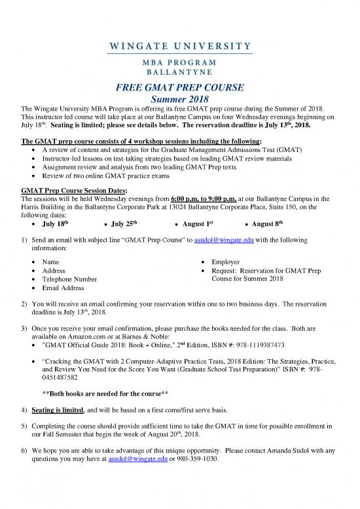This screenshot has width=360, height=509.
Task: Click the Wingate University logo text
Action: pos(180,46)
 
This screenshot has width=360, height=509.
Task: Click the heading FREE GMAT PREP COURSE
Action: pos(180,88)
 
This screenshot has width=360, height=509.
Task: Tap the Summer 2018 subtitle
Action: pos(179,100)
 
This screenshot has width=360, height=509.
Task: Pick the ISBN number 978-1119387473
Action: pos(272,343)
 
